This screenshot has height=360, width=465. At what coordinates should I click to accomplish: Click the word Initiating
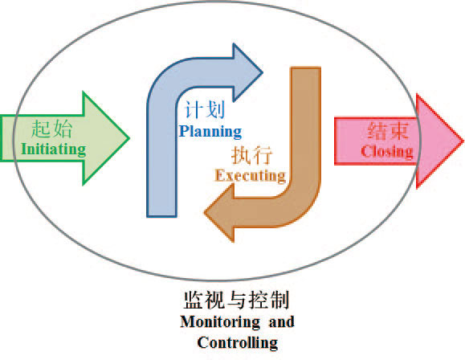pos(54,149)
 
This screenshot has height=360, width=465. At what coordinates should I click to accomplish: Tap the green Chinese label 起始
pos(52,129)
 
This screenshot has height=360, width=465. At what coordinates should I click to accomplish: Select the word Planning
pos(210,132)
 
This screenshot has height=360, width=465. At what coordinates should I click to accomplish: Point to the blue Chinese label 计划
pos(205,109)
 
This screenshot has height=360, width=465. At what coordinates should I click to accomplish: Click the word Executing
pos(251,175)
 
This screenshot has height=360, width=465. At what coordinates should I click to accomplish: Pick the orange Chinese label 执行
pos(251,155)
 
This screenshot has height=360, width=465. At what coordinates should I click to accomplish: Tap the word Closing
pos(387,152)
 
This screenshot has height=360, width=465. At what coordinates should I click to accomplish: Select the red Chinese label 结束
pos(388,131)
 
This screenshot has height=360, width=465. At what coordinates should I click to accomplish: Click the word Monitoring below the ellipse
pos(220,322)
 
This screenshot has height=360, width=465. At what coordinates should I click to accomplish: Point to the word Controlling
pos(238,343)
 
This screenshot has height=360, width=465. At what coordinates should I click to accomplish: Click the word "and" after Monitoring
pos(281,321)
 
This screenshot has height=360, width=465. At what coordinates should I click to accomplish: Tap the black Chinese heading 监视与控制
pos(237,300)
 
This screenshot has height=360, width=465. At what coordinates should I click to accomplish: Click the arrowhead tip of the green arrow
pos(129,138)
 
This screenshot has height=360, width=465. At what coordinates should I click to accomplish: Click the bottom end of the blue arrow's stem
pos(161,216)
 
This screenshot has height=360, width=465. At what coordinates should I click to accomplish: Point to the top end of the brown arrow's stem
pos(305,68)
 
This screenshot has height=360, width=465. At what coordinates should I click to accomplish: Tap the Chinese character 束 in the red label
pos(399,131)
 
